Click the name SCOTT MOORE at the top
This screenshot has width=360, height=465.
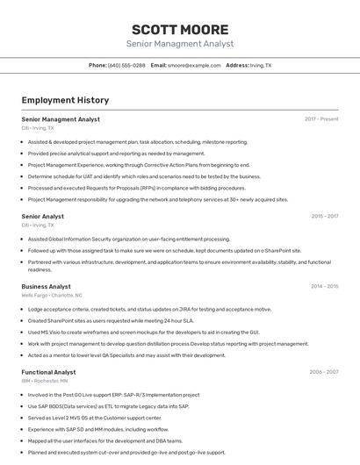pos(180,29)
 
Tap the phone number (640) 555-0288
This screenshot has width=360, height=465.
pos(126,65)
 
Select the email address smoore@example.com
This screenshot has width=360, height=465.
pos(194,65)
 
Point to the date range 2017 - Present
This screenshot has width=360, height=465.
pos(321,119)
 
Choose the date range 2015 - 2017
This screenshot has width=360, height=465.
pos(324,216)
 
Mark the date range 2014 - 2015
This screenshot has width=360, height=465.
pos(324,286)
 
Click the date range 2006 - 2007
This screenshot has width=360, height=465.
pos(323,372)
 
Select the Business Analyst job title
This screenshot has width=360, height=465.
pos(47,286)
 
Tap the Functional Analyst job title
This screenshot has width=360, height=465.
pos(48,372)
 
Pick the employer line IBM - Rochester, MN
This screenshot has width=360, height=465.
pos(46,382)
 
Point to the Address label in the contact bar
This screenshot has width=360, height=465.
pos(237,65)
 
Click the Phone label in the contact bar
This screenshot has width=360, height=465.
pos(97,65)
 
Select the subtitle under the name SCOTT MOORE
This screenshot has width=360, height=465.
pos(180,43)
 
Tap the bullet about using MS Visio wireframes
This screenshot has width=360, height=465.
pos(142,333)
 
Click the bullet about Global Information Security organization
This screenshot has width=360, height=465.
pos(128,239)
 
